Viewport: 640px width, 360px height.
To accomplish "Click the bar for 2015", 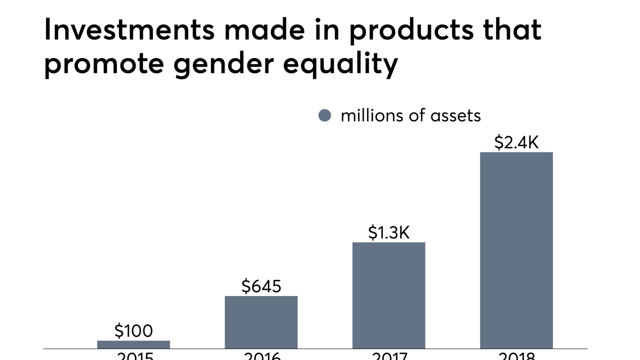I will (x=133, y=344).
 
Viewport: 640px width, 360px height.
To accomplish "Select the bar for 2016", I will (x=261, y=322).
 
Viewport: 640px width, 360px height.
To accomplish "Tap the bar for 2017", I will (x=388, y=295).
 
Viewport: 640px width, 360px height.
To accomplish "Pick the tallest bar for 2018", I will (x=516, y=250).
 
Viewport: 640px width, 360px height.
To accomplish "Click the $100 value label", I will (x=133, y=330).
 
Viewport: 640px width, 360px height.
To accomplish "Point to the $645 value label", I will (x=261, y=286).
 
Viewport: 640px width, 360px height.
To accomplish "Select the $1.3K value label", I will (x=388, y=232).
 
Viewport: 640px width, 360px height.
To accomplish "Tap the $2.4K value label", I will (x=516, y=142).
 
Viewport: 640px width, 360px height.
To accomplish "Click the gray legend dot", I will (x=324, y=115).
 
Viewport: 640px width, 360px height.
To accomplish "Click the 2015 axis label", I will (x=134, y=356).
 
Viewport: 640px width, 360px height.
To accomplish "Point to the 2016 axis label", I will (x=261, y=356).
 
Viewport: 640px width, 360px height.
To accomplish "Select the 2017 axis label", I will (x=388, y=356).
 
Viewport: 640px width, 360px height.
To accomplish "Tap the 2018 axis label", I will (x=516, y=356).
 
